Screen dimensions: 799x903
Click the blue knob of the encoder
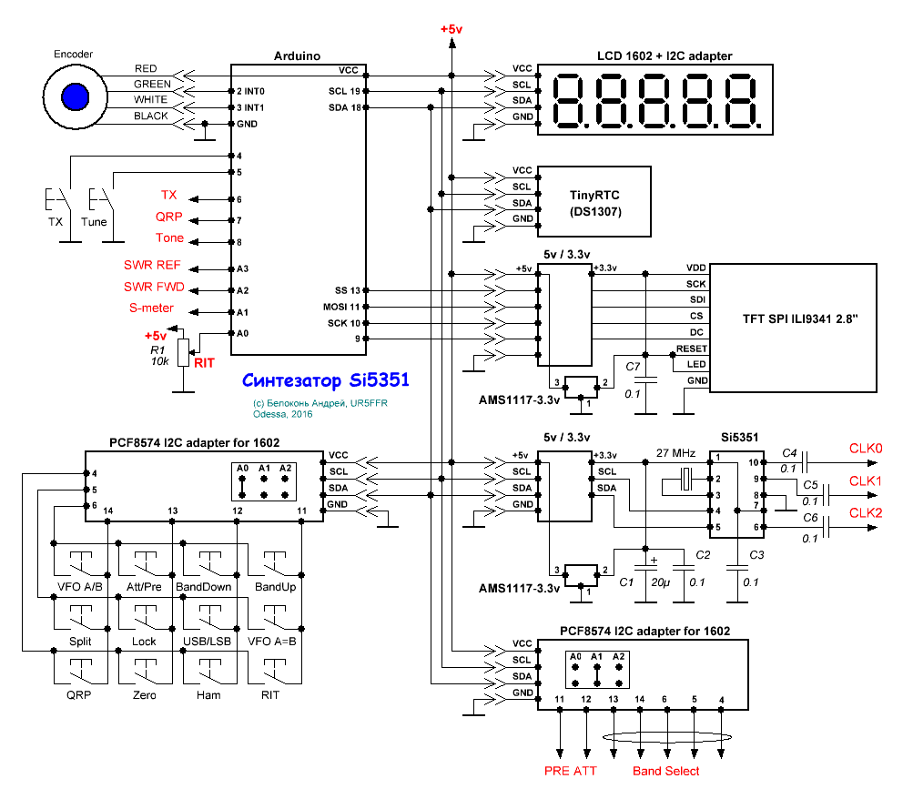(75, 96)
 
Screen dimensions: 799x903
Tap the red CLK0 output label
(866, 448)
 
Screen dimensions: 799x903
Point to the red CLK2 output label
(866, 512)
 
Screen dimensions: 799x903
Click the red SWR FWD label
(154, 287)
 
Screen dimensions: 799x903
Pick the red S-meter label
(151, 308)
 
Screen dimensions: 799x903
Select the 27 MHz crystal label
(675, 452)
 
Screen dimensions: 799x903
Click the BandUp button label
(274, 587)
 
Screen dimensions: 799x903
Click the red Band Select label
(666, 771)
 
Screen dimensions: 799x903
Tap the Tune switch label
(94, 221)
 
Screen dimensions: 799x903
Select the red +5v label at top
(451, 29)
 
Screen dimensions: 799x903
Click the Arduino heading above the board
(297, 56)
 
